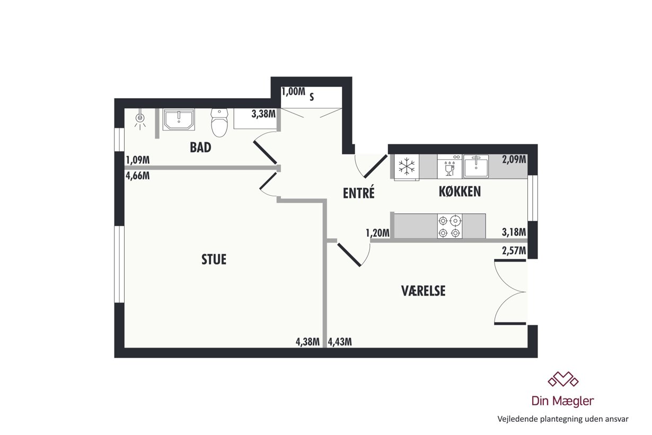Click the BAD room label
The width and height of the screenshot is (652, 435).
200,147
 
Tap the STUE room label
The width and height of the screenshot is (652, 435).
214,259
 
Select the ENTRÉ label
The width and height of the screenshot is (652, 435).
358,193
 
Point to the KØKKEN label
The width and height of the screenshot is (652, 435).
460,192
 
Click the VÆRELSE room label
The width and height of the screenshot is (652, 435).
423,291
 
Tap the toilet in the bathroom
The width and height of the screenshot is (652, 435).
219,123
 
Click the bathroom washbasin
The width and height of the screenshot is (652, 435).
179,119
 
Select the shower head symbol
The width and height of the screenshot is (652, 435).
140,119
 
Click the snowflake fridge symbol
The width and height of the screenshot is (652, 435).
407,167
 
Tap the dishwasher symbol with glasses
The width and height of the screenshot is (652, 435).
450,167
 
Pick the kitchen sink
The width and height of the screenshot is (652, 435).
476,166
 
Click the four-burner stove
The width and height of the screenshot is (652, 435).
450,226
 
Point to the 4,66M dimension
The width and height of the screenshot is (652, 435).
137,176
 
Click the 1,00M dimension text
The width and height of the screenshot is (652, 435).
293,91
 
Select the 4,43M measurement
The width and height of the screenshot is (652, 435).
340,342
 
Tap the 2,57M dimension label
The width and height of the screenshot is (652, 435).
514,250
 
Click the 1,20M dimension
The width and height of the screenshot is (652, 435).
377,233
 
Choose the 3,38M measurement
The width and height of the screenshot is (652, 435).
263,114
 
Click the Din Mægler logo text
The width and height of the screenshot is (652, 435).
562,401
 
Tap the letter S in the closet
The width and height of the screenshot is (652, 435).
312,97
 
